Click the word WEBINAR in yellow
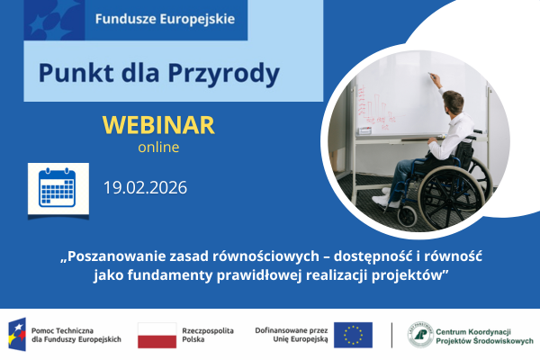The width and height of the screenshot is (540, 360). (x=158, y=124)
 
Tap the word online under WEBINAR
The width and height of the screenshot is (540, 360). (x=158, y=146)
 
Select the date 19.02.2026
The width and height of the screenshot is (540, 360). (x=144, y=188)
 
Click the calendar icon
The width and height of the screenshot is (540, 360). (x=58, y=189)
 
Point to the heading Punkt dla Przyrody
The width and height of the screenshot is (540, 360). (x=159, y=71)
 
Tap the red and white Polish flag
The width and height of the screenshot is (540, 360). (x=157, y=335)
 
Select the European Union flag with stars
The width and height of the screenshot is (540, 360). (x=353, y=335)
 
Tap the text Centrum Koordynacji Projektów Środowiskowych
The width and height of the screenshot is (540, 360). (x=484, y=335)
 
